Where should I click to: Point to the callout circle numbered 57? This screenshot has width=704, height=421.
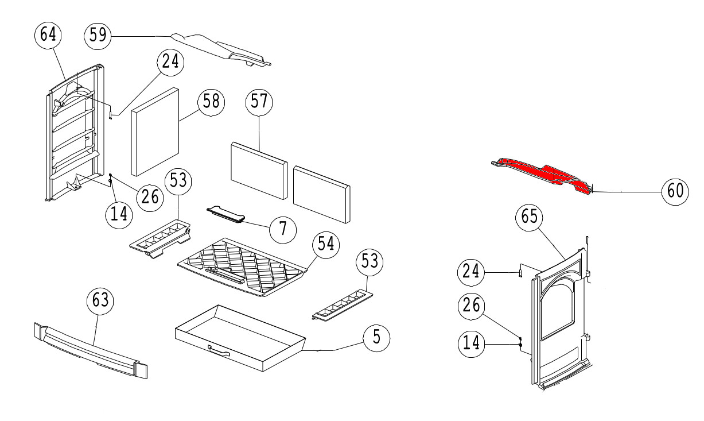coord(259,102)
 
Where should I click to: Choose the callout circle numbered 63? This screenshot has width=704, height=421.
coord(100,301)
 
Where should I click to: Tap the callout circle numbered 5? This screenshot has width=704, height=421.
coord(375,337)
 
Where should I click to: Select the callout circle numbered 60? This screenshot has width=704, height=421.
coord(676,191)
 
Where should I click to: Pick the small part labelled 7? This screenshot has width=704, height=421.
coord(225,214)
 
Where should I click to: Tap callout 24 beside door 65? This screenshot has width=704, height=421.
coord(472,271)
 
